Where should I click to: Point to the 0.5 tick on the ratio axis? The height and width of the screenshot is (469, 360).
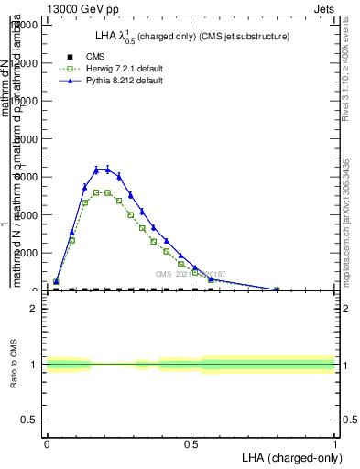pyautogui.click(x=30, y=420)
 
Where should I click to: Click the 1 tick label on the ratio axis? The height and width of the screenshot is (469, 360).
pyautogui.click(x=34, y=365)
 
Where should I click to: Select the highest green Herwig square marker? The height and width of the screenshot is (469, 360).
pyautogui.click(x=96, y=192)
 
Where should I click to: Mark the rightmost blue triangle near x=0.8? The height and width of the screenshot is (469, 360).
pyautogui.click(x=277, y=289)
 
